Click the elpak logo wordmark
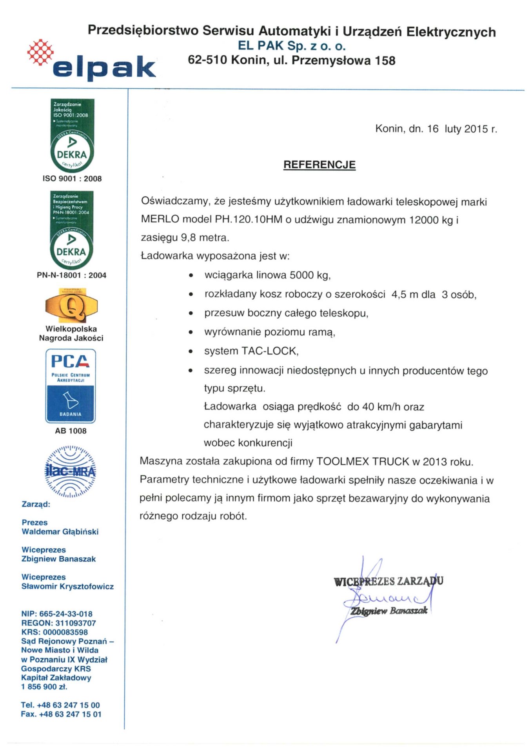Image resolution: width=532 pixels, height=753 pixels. coord(104,68)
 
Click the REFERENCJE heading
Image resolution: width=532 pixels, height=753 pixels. coord(319,165)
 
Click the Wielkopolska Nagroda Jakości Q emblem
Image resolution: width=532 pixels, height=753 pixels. coord(71,305)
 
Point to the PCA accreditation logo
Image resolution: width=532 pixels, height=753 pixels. coord(71,386)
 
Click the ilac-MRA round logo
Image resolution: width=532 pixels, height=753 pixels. coord(71,471)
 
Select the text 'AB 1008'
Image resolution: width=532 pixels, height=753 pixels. coord(71,431)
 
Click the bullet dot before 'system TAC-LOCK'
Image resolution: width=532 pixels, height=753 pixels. coord(191,351)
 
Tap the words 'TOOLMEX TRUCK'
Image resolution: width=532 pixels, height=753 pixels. coord(363,461)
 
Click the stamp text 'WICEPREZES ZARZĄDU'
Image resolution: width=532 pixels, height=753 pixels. coord(388,581)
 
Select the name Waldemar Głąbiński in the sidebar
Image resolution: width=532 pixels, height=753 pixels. coord(60,532)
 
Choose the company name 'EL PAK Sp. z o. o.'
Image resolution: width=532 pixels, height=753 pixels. coord(292,46)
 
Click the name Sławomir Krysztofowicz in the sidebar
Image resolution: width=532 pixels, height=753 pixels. coord(67,586)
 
